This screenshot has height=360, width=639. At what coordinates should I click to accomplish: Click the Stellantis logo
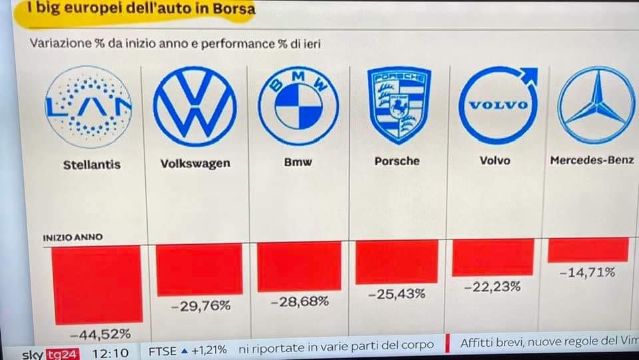point(89,106)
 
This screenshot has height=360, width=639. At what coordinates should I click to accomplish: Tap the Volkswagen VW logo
point(194,106)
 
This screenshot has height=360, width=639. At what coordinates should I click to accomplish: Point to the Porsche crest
point(399,105)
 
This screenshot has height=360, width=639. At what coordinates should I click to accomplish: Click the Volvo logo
point(498,105)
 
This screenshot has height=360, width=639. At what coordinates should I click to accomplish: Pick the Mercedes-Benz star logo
point(596,105)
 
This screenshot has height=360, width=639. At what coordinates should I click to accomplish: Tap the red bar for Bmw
point(299,267)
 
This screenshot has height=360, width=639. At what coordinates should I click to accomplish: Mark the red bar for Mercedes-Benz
point(588,250)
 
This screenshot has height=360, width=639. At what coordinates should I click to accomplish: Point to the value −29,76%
point(202,306)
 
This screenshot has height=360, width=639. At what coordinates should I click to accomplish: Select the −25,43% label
point(397,293)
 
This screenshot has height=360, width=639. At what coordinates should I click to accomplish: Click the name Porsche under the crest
point(397,161)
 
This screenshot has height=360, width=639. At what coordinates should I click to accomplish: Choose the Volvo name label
point(495,160)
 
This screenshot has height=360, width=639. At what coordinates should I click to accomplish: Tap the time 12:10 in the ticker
point(111,349)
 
